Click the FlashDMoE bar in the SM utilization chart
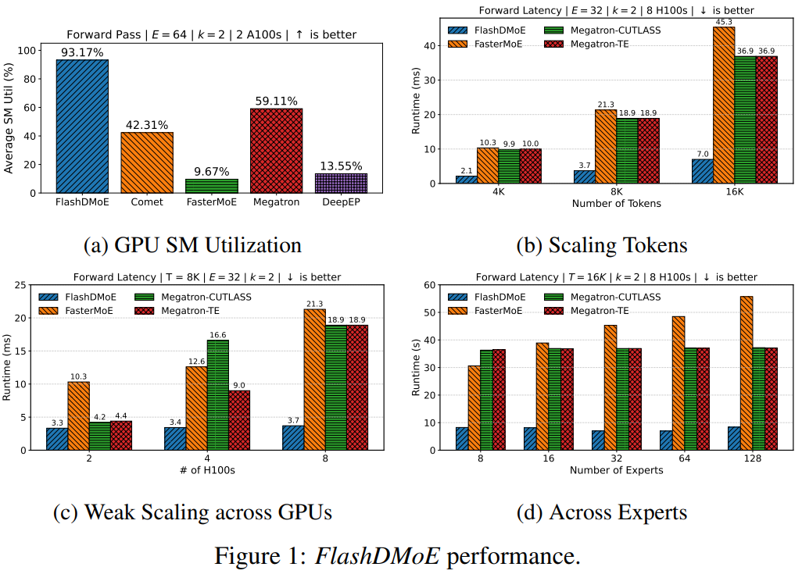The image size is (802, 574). (x=82, y=126)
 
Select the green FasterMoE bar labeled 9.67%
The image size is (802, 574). (x=211, y=185)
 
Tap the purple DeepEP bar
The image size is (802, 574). (x=340, y=183)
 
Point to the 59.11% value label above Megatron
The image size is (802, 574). (x=276, y=101)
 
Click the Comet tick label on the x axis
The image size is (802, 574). (x=147, y=201)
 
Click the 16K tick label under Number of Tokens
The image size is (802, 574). (x=734, y=191)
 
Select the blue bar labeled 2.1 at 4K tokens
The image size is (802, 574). (x=467, y=180)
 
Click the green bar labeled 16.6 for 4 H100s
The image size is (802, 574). (x=217, y=395)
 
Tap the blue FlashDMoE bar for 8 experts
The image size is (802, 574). (x=463, y=438)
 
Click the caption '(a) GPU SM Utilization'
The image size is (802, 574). (x=192, y=245)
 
